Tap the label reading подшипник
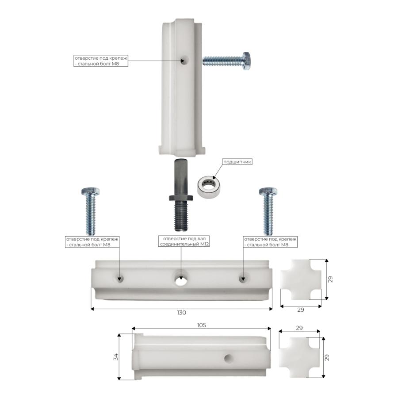point(237,162)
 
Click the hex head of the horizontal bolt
point(247,61)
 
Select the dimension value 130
point(181,313)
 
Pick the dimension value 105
point(202,325)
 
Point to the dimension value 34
point(116,356)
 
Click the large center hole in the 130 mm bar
point(180,280)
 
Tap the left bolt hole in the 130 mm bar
point(119,279)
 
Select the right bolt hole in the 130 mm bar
point(242,279)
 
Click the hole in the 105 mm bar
point(229,358)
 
